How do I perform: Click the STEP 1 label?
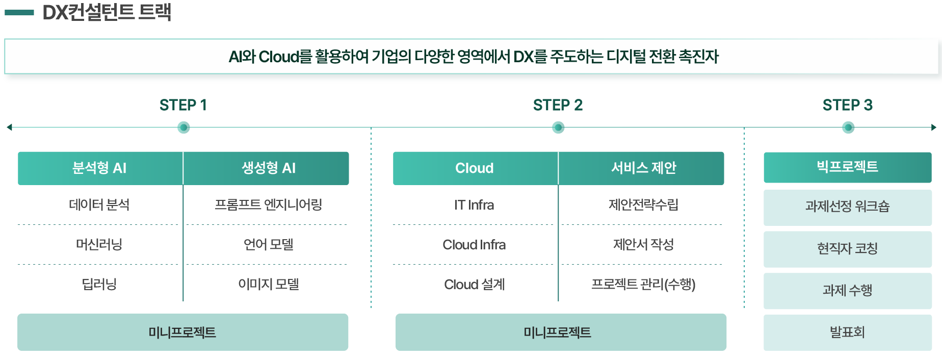(183, 105)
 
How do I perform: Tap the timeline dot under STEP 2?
(558, 127)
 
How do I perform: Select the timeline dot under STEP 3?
(848, 127)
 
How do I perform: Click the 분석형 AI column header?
(100, 168)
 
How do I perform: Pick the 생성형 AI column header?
(268, 168)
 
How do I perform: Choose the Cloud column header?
(475, 168)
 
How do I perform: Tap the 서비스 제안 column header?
(643, 168)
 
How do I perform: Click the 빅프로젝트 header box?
(847, 167)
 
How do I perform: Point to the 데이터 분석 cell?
(99, 205)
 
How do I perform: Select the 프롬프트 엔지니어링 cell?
(268, 205)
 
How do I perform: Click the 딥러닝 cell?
(99, 284)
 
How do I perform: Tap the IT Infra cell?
(475, 205)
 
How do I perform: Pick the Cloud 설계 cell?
(475, 284)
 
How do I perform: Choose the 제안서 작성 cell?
(643, 244)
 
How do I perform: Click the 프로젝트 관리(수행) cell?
(643, 284)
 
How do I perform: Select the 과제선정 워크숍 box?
(847, 207)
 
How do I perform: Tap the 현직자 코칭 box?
(847, 249)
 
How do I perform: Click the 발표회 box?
(847, 332)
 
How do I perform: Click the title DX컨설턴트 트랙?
(107, 12)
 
